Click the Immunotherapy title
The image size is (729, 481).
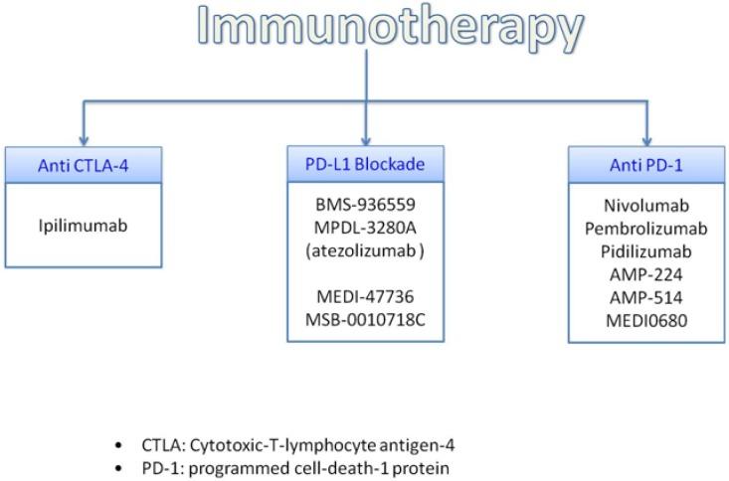[x=366, y=27]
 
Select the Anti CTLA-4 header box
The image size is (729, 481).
[x=83, y=165]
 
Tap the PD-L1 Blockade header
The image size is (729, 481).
[x=365, y=165]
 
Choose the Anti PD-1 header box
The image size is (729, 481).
[x=647, y=165]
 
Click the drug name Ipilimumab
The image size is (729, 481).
[x=83, y=225]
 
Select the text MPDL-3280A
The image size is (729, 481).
[x=365, y=230]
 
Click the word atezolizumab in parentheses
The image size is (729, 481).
[x=364, y=251]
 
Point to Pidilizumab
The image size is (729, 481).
[x=647, y=251]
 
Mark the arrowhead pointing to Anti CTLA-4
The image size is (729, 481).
[x=83, y=139]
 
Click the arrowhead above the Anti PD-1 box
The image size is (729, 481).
[x=647, y=139]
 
